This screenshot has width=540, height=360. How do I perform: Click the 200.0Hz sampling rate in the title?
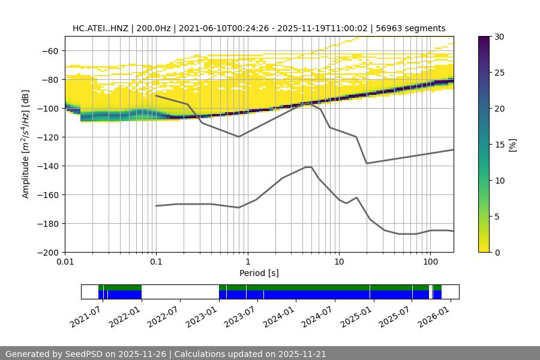coord(155,28)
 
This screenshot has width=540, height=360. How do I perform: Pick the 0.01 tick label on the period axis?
coord(65,262)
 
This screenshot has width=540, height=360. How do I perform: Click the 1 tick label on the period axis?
coord(247,262)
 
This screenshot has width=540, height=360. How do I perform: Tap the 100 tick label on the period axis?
coord(430,262)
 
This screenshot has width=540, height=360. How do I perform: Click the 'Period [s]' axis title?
coord(259,273)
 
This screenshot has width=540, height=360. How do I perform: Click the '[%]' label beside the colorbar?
coord(512,145)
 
